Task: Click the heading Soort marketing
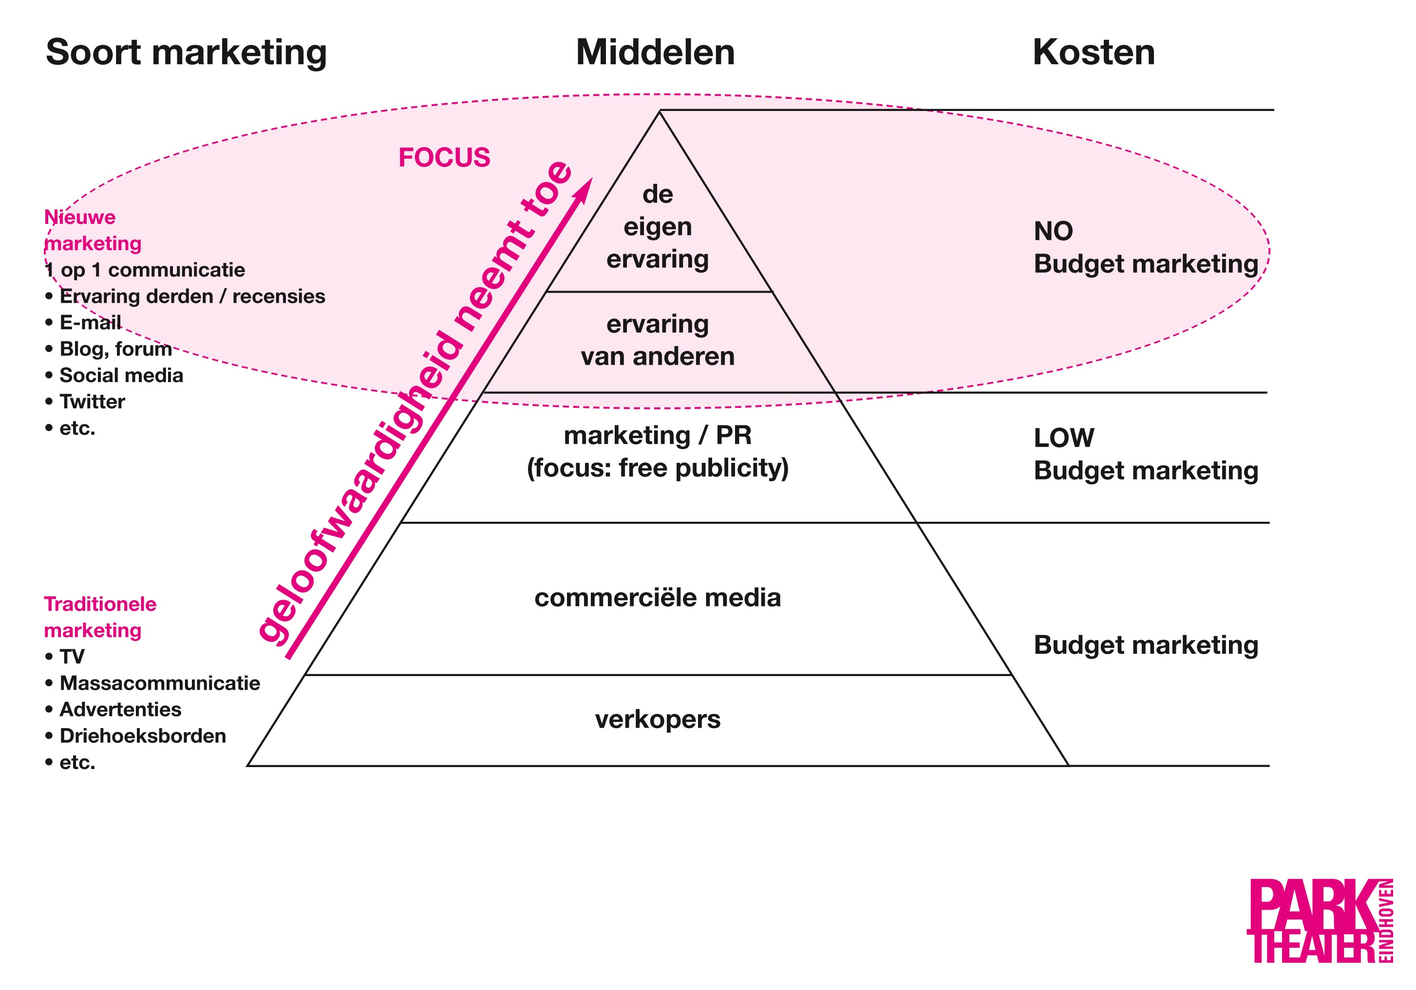point(186,53)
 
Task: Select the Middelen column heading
point(655,53)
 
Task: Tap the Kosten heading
point(1094,53)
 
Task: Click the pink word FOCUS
point(444,158)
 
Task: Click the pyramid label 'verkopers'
point(658,719)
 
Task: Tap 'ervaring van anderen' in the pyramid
point(658,340)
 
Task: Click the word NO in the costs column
point(1054,232)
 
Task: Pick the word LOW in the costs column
point(1064,438)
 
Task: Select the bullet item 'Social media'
point(121,375)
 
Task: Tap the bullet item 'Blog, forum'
point(115,349)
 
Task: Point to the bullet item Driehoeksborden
point(142,736)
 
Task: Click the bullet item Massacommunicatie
point(160,683)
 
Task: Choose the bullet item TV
point(72,657)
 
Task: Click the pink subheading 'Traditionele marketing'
point(99,617)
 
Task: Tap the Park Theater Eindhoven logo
point(1319,920)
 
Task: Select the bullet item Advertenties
point(120,710)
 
